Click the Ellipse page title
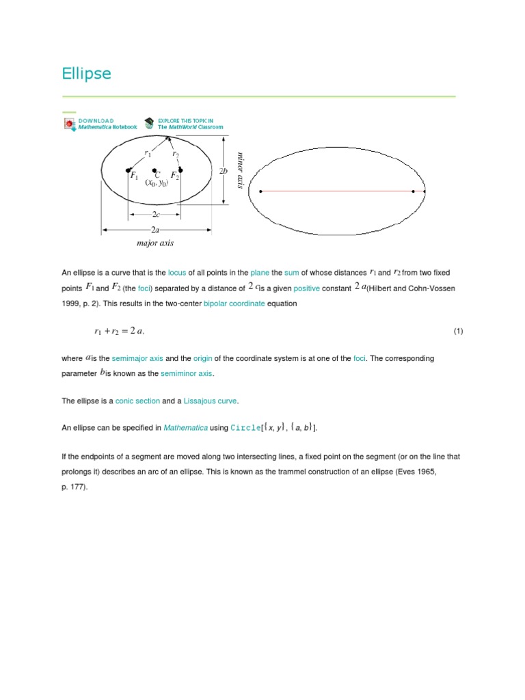point(86,74)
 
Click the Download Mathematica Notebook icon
point(70,124)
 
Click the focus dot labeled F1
point(129,170)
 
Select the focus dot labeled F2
point(180,170)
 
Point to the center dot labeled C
point(155,170)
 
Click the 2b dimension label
point(223,171)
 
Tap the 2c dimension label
point(155,215)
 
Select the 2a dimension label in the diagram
point(155,230)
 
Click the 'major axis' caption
point(155,243)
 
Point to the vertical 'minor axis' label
point(240,170)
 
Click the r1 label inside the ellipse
point(148,154)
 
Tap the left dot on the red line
point(261,191)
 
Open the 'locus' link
point(177,273)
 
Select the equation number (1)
point(458,332)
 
